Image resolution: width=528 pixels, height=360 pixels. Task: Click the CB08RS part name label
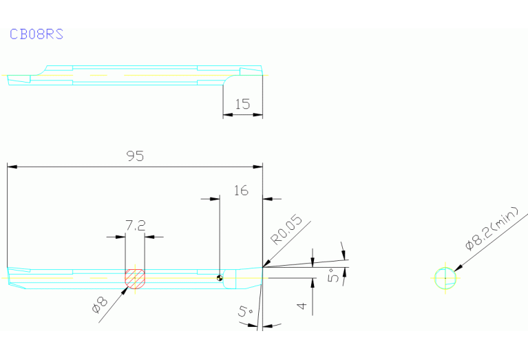(x=36, y=34)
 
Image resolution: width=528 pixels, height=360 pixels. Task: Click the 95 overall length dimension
(x=135, y=156)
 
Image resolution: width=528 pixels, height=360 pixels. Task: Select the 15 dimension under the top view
(x=242, y=104)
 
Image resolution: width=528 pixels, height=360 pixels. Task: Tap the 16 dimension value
(x=241, y=191)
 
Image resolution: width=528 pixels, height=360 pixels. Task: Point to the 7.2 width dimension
(x=136, y=225)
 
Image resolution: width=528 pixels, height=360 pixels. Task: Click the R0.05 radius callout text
(x=286, y=230)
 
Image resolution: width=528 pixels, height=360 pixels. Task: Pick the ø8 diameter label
(x=100, y=305)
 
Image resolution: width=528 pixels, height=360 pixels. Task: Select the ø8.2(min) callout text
(x=492, y=229)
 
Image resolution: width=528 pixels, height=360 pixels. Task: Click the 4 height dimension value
(x=302, y=306)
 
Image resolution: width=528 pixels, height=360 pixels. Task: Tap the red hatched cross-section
(x=135, y=279)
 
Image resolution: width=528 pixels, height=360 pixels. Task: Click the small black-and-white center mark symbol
(x=220, y=278)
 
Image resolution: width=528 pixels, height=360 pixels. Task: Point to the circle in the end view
(x=445, y=268)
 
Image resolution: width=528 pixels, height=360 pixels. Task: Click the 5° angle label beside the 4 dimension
(x=333, y=275)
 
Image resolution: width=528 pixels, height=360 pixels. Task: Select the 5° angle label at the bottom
(x=245, y=311)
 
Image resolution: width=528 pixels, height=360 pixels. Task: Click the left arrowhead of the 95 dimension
(x=12, y=167)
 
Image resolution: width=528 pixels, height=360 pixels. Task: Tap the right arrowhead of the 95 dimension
(x=258, y=167)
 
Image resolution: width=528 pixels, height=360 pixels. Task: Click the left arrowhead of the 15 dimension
(x=228, y=115)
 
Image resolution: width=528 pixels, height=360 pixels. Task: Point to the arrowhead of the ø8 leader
(x=125, y=291)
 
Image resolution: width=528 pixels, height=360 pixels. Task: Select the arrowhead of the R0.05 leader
(x=266, y=264)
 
